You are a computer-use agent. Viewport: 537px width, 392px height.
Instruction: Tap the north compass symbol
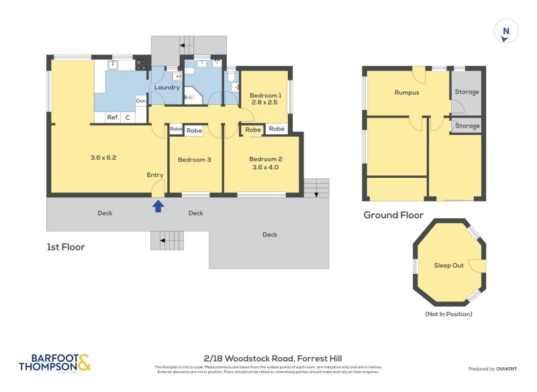click(x=506, y=32)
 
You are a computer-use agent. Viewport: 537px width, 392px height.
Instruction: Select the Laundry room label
click(x=166, y=87)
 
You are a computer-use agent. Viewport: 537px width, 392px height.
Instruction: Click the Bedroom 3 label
click(x=195, y=159)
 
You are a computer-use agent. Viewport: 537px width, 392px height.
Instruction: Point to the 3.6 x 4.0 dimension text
click(x=265, y=167)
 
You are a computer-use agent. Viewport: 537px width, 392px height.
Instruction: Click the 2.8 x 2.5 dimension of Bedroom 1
click(x=265, y=103)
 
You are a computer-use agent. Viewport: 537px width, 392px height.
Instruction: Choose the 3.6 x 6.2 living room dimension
click(x=103, y=158)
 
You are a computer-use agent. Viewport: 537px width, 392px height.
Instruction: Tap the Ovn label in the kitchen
click(x=141, y=101)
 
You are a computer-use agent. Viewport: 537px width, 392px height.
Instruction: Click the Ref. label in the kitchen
click(x=113, y=117)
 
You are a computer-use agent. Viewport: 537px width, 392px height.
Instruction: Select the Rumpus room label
click(x=407, y=93)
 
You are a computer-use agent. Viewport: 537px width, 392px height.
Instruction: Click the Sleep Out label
click(x=448, y=265)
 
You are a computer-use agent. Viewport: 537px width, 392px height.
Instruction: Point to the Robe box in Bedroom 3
click(x=194, y=130)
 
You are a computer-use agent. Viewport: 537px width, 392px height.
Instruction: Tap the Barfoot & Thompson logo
click(x=54, y=363)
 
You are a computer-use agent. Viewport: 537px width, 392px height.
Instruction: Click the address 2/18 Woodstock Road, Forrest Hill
click(x=273, y=358)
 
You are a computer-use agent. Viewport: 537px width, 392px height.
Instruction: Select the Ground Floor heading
click(x=393, y=215)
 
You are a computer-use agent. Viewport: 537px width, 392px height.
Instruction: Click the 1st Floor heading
click(x=66, y=246)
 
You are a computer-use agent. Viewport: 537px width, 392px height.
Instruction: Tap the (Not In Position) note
click(x=448, y=314)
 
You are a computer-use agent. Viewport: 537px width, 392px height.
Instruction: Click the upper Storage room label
click(x=467, y=93)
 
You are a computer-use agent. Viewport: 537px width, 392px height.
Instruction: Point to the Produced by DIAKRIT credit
click(x=496, y=369)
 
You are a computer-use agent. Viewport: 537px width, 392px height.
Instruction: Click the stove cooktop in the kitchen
click(x=142, y=65)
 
